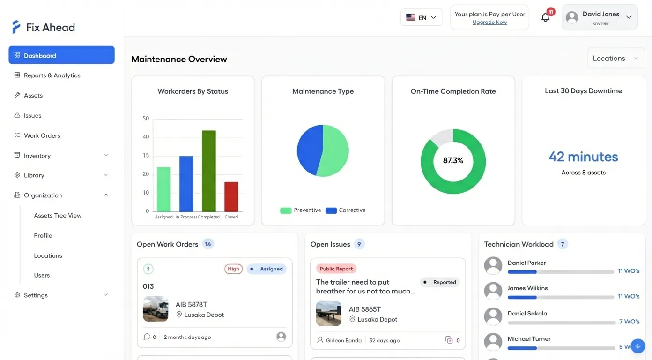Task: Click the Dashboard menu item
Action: coord(61,55)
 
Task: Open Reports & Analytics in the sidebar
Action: coord(52,75)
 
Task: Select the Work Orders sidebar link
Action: coord(42,135)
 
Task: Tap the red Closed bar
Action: coord(231,197)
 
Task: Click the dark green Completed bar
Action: coord(209,171)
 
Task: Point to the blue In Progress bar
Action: coord(186,184)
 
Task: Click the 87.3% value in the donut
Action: coord(453,161)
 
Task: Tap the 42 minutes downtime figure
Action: coord(583,157)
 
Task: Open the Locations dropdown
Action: coord(615,59)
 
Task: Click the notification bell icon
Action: coord(545,18)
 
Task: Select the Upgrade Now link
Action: coord(489,22)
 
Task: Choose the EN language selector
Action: coord(421,18)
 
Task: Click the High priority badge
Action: coord(233,269)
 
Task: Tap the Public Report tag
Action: coord(336,269)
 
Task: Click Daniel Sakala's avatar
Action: coord(493,317)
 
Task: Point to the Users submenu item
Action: coord(42,276)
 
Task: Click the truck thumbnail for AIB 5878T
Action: coord(156,309)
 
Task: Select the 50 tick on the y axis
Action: coord(146,119)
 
